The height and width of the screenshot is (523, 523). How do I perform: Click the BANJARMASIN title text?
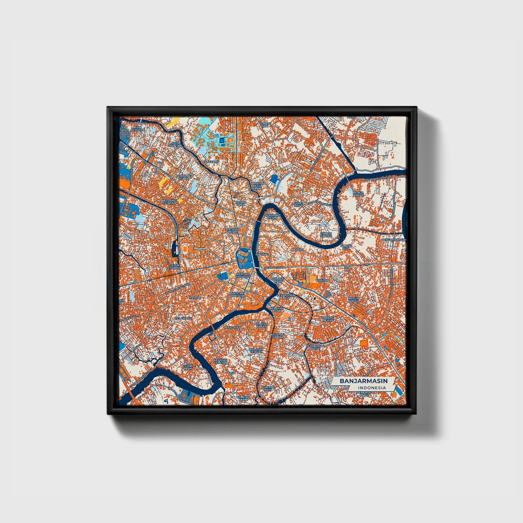363,381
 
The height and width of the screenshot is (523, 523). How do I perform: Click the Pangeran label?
211,161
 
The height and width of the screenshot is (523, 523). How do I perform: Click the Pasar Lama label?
240,203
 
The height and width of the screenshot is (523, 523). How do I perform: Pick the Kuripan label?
322,281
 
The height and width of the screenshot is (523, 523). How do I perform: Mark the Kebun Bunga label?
353,300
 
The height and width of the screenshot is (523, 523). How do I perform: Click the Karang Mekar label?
327,319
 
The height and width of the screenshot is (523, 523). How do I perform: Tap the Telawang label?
184,318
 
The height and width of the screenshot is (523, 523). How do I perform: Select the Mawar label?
195,298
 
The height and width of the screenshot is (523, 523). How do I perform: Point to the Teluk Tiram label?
187,367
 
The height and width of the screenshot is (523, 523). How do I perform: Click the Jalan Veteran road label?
275,268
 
